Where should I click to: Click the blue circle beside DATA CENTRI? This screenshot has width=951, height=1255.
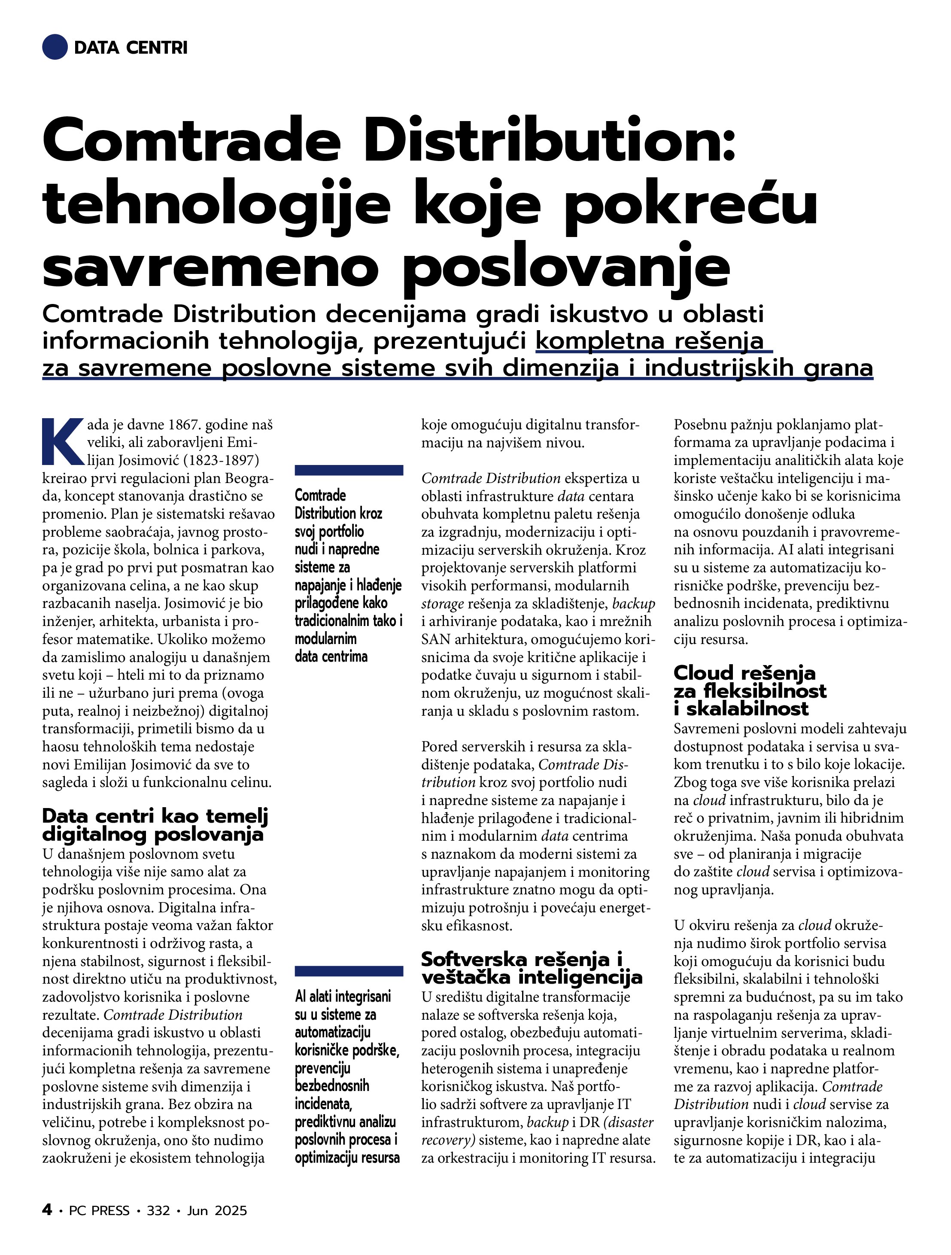tap(55, 47)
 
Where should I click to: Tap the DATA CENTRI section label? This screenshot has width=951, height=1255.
tap(131, 48)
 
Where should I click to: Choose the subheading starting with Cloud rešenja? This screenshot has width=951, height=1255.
tap(750, 690)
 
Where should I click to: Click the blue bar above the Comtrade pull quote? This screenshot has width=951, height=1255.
tap(349, 470)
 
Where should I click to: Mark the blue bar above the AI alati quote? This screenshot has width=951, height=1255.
tap(349, 971)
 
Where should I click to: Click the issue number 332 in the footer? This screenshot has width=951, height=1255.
tap(158, 1211)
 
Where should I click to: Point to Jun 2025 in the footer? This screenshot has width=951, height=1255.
tap(217, 1211)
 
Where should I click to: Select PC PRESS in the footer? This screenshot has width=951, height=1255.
tap(99, 1211)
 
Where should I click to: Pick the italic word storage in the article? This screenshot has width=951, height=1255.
tap(443, 604)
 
